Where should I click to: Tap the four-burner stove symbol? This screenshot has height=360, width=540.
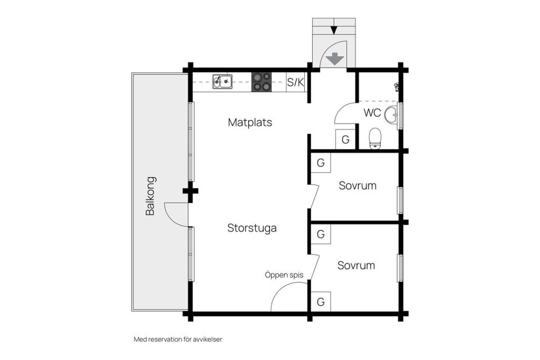click(261, 82)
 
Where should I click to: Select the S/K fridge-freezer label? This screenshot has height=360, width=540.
click(295, 83)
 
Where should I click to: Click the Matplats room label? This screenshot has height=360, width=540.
click(250, 122)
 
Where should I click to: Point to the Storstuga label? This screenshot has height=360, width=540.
click(251, 228)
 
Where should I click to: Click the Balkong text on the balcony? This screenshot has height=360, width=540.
click(150, 196)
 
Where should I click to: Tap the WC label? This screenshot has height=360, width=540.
click(372, 112)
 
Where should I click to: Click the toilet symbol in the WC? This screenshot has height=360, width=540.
click(375, 138)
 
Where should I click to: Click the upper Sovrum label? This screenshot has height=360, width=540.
click(357, 186)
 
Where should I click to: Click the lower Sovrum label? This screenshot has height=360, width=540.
click(356, 265)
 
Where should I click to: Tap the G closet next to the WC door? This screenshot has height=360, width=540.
click(345, 139)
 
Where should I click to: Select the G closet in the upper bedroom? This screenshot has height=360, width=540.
click(321, 163)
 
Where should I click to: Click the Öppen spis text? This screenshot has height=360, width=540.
click(284, 275)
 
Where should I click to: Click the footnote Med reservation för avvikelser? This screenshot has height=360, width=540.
click(182, 339)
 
